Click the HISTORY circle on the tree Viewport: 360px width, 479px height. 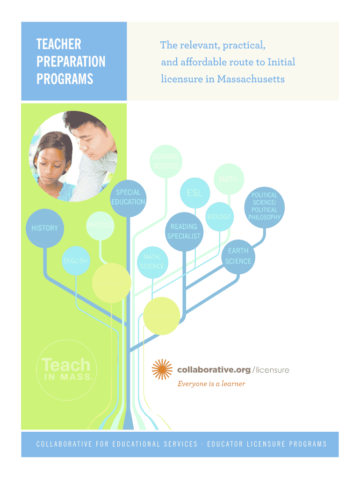click(45, 228)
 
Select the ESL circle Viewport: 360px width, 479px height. click(195, 193)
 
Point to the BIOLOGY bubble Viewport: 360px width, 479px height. click(219, 217)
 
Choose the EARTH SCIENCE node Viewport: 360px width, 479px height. click(238, 256)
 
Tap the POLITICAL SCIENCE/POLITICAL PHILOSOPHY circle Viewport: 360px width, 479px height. click(265, 206)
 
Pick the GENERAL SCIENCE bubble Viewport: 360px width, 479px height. click(165, 161)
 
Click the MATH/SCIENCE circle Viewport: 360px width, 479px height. click(152, 262)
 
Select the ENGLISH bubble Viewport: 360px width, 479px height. click(75, 261)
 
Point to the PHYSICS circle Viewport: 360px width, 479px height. click(101, 225)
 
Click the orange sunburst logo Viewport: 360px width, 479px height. click(163, 370)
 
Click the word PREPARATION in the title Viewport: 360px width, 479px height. click(71, 62)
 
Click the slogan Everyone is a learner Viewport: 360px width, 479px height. click(211, 384)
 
